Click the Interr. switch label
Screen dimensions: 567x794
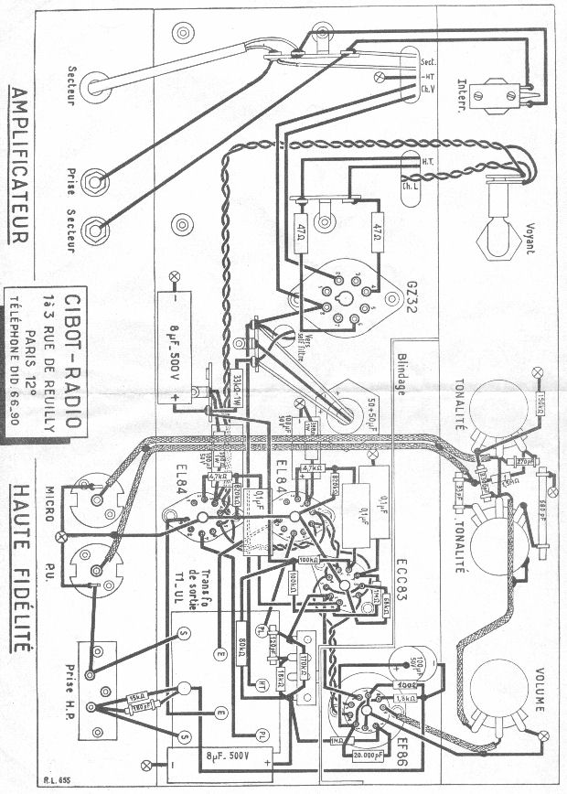coord(475,92)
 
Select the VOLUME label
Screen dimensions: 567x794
coord(539,686)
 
